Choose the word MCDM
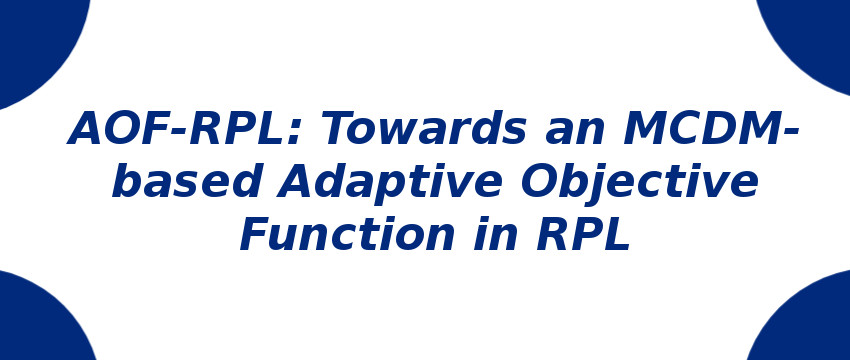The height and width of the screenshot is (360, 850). [700, 130]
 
